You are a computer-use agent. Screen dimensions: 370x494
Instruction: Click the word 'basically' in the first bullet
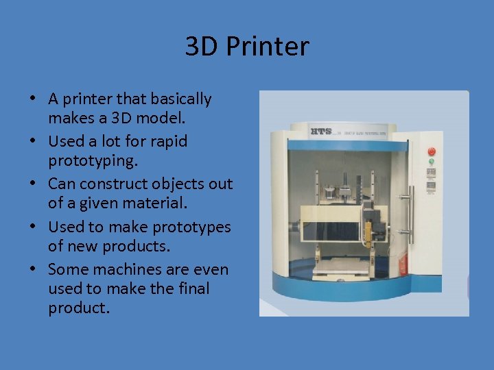pyautogui.click(x=178, y=99)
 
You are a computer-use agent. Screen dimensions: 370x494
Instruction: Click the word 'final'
pyautogui.click(x=193, y=288)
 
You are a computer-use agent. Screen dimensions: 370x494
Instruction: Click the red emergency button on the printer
pyautogui.click(x=432, y=151)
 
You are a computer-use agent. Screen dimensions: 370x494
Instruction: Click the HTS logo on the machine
pyautogui.click(x=321, y=130)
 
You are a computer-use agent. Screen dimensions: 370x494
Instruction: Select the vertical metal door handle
pyautogui.click(x=410, y=199)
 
